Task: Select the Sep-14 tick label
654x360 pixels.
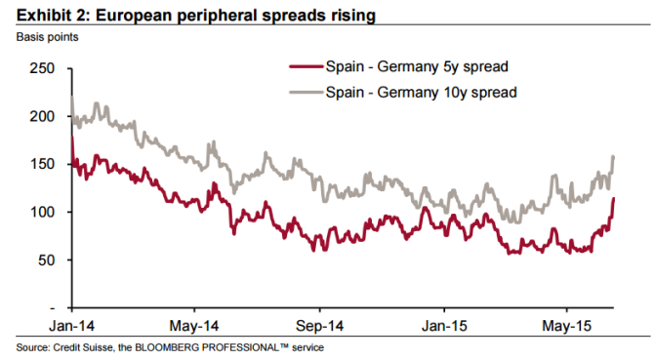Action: point(318,325)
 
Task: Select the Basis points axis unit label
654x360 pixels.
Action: point(46,37)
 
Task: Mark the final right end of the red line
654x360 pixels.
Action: point(613,199)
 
